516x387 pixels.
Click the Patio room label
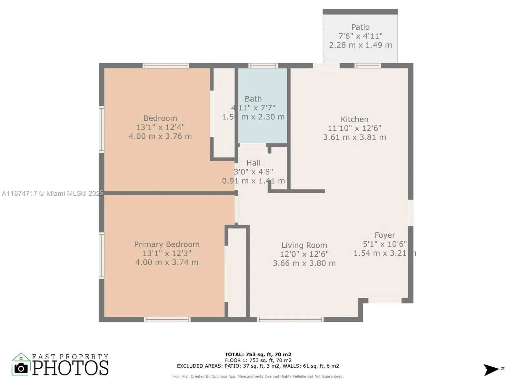360,27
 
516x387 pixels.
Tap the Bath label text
253,99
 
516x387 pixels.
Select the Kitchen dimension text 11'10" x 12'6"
354,128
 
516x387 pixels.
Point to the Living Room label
304,245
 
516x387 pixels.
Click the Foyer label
385,235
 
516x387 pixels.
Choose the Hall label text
253,163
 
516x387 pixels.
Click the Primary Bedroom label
167,244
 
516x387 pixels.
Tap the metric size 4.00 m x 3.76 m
160,136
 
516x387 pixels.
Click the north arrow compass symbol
491,370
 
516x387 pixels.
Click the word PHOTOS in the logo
71,368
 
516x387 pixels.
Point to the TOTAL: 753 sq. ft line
258,354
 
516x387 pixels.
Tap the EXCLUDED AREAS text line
258,366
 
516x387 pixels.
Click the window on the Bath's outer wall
263,66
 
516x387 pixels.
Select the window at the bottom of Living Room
290,319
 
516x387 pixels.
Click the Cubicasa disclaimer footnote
258,376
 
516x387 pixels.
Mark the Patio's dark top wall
360,12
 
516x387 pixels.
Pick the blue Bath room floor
263,129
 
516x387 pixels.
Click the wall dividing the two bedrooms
168,193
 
